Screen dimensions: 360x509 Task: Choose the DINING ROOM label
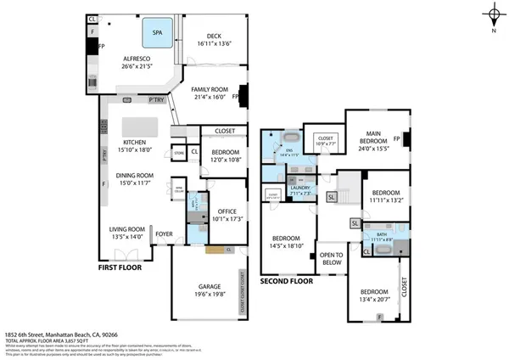tap(132, 176)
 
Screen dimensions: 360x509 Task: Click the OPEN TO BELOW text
tap(330, 257)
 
